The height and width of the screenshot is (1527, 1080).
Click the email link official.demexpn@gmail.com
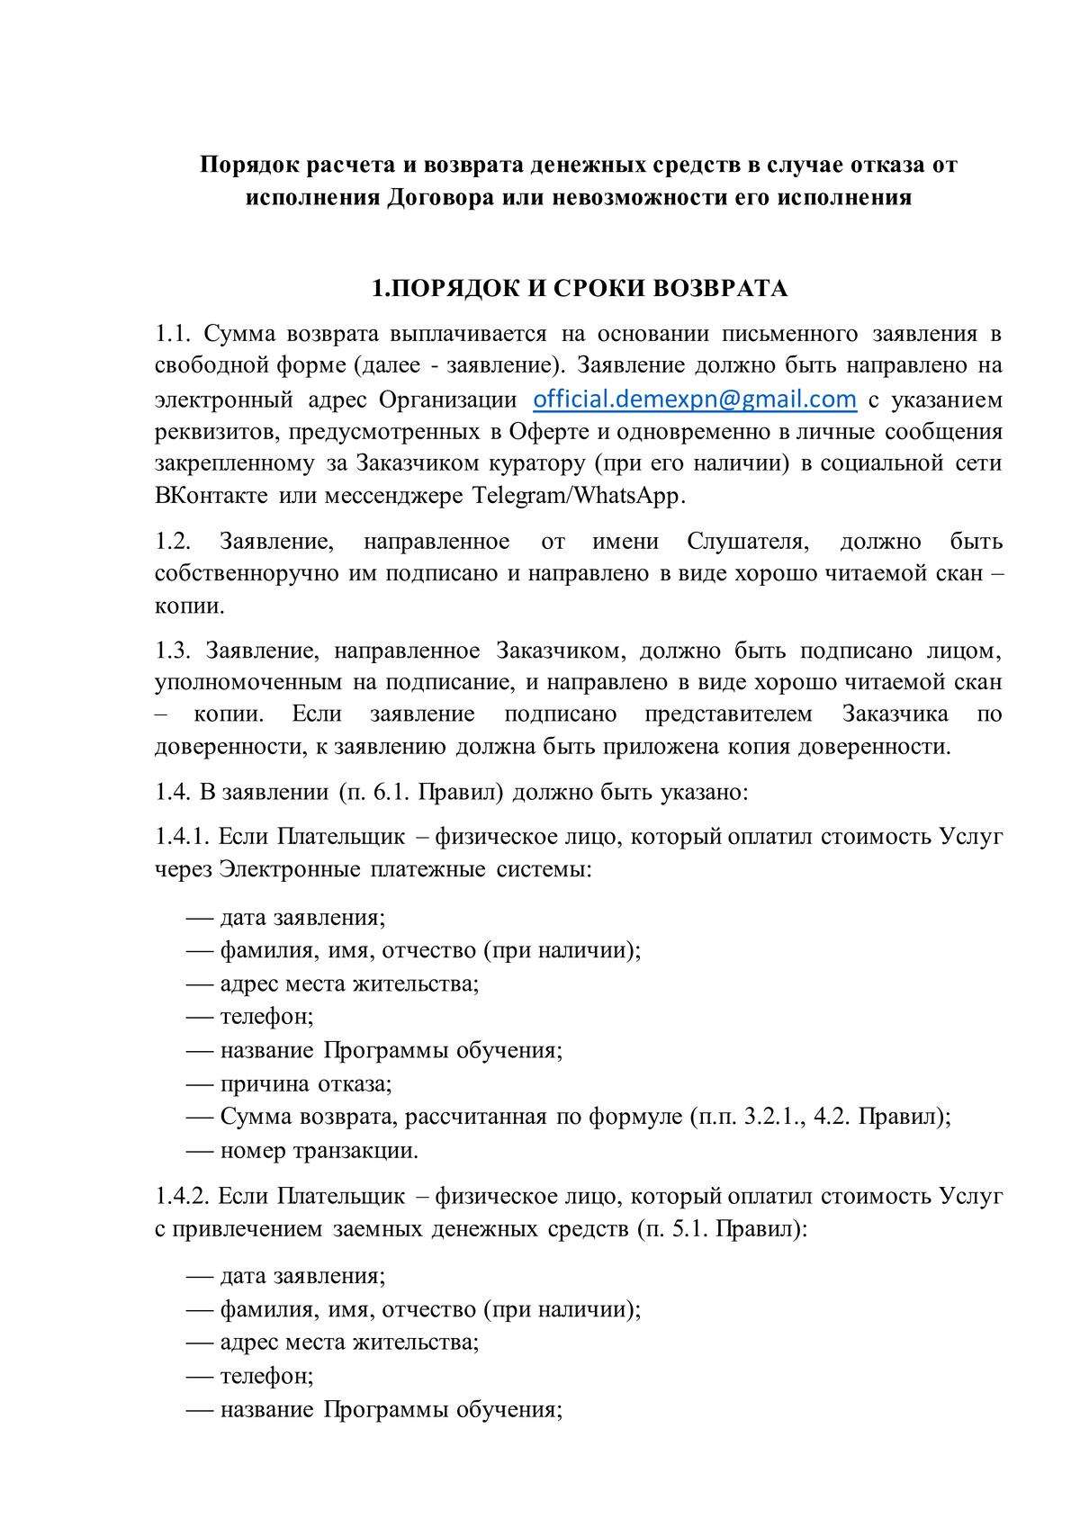(694, 400)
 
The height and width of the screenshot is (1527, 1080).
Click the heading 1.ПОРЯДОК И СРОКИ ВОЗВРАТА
(580, 289)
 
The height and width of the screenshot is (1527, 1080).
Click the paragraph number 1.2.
(173, 542)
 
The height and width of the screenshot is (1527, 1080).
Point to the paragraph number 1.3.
(173, 651)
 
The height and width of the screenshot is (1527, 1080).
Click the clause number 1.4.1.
(182, 837)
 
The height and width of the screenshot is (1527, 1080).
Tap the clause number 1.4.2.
(182, 1197)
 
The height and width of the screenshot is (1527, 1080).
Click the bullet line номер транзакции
(319, 1151)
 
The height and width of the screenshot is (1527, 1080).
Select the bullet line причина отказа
(306, 1084)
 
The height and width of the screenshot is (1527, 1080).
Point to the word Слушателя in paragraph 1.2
(748, 542)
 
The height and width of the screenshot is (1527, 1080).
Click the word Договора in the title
(441, 197)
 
